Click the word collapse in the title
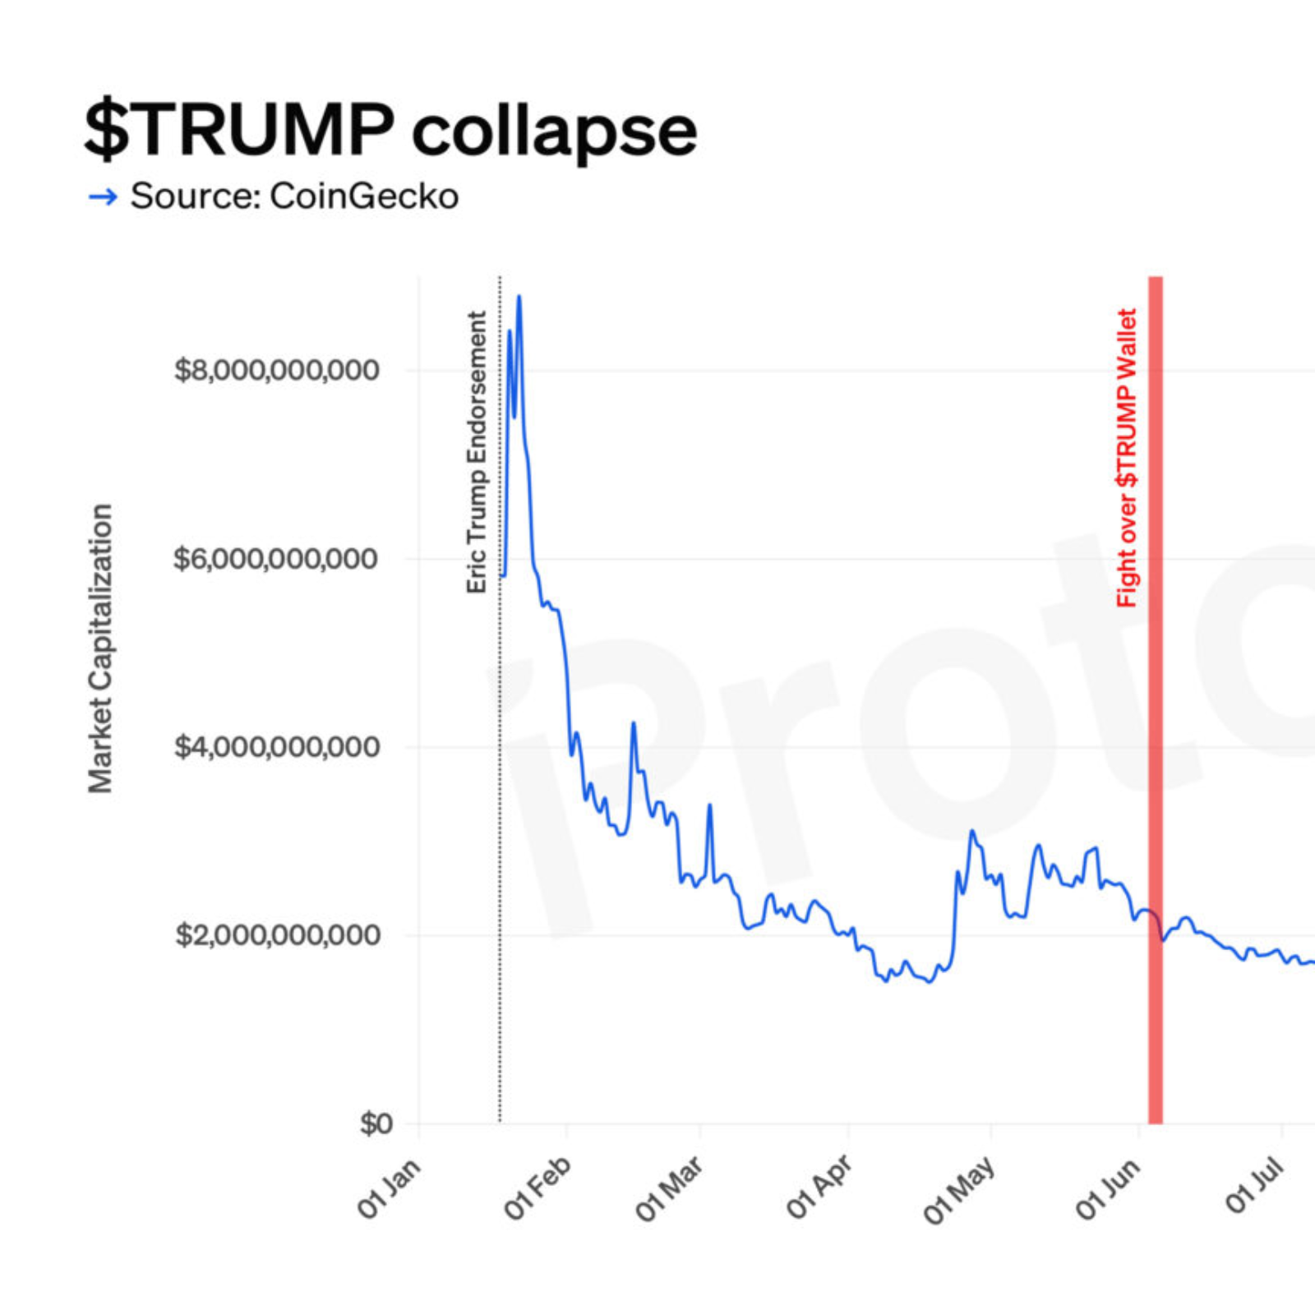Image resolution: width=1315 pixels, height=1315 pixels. [x=554, y=131]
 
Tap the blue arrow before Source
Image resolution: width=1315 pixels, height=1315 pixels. [x=103, y=196]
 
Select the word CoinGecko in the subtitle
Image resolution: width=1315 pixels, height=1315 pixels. [x=364, y=196]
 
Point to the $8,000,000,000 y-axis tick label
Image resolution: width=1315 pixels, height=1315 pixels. [x=277, y=370]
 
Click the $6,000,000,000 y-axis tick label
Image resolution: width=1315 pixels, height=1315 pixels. [x=275, y=559]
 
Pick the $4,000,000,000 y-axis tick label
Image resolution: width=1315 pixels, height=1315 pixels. [x=277, y=747]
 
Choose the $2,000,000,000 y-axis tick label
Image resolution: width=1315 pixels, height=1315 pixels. [x=277, y=935]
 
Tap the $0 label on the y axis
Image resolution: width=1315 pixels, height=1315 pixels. [x=376, y=1124]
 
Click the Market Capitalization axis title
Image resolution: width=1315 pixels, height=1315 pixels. [x=100, y=648]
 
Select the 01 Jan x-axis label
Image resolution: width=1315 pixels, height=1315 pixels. [x=389, y=1188]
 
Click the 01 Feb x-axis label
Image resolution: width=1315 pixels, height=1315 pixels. [x=537, y=1188]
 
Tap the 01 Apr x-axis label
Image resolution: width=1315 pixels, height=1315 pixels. [x=819, y=1188]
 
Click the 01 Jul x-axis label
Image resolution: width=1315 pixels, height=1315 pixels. [x=1254, y=1184]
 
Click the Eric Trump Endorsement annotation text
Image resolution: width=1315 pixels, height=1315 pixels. [x=477, y=452]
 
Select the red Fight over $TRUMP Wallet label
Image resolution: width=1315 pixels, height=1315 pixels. [x=1127, y=458]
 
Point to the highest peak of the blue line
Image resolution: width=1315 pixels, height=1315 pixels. [x=519, y=297]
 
